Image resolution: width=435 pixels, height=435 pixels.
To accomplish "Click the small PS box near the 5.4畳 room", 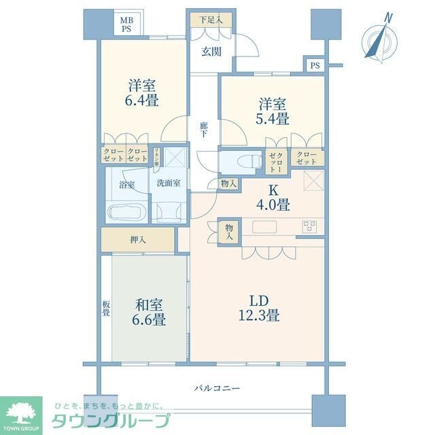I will pos(313,65).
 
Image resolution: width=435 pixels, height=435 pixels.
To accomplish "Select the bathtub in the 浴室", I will pos(125,212).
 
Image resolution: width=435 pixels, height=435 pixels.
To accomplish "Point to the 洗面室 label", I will pos(168,183).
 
